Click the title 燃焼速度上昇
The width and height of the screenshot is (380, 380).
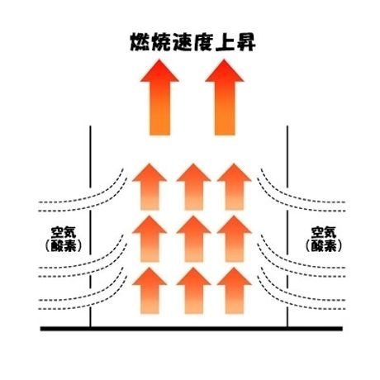(192, 42)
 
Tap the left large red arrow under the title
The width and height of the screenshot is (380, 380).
(159, 97)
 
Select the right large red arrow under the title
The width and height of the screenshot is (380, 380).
(225, 97)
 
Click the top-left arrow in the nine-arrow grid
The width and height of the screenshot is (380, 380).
(150, 187)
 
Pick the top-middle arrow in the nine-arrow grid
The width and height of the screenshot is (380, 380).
(193, 187)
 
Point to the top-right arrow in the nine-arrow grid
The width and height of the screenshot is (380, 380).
(234, 187)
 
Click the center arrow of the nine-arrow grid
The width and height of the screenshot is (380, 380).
(193, 239)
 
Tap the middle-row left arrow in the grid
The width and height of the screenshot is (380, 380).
(150, 239)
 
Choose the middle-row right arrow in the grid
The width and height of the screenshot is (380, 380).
(234, 239)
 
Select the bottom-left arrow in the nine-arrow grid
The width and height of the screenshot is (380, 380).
(150, 291)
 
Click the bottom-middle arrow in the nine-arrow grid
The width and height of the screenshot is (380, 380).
(193, 291)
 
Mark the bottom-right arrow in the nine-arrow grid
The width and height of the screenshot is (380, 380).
(234, 291)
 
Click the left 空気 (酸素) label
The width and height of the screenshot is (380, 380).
(64, 239)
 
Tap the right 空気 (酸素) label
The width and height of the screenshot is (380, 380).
(324, 239)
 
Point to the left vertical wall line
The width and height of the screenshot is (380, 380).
(90, 226)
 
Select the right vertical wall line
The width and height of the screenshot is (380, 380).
(287, 226)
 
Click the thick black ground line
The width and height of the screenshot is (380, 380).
(192, 329)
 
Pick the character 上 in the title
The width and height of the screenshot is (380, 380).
(224, 42)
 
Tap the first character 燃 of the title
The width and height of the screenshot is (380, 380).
(140, 42)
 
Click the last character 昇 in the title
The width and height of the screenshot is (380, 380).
(245, 42)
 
